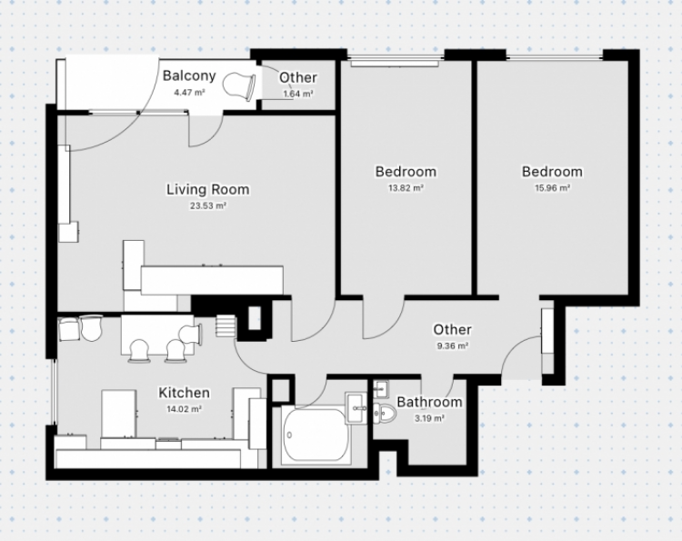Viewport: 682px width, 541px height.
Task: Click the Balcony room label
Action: pos(189,75)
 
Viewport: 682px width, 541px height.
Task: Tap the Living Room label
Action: pos(208,190)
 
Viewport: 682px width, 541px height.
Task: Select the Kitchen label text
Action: pos(184,393)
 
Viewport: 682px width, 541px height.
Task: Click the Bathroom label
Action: pos(429,402)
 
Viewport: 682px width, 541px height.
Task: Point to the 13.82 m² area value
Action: pos(406,188)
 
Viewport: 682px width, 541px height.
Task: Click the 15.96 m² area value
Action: pos(552,188)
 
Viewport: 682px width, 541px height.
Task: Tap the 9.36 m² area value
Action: pos(452,346)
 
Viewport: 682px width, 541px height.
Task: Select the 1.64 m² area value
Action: pos(298,94)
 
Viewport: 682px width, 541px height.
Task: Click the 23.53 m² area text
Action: pos(208,205)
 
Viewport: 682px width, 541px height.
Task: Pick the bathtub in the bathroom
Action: pos(316,436)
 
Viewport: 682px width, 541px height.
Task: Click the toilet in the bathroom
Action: pos(385,413)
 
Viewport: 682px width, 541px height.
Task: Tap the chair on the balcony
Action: pos(239,86)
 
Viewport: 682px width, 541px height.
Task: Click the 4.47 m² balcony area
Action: pos(189,92)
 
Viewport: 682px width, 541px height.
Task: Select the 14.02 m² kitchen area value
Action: pos(184,409)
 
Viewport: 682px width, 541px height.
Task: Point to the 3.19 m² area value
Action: pos(429,418)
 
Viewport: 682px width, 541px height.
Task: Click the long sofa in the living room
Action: pos(212,280)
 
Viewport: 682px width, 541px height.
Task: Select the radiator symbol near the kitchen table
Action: pos(226,326)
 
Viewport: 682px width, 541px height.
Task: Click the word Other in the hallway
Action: pos(452,330)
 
